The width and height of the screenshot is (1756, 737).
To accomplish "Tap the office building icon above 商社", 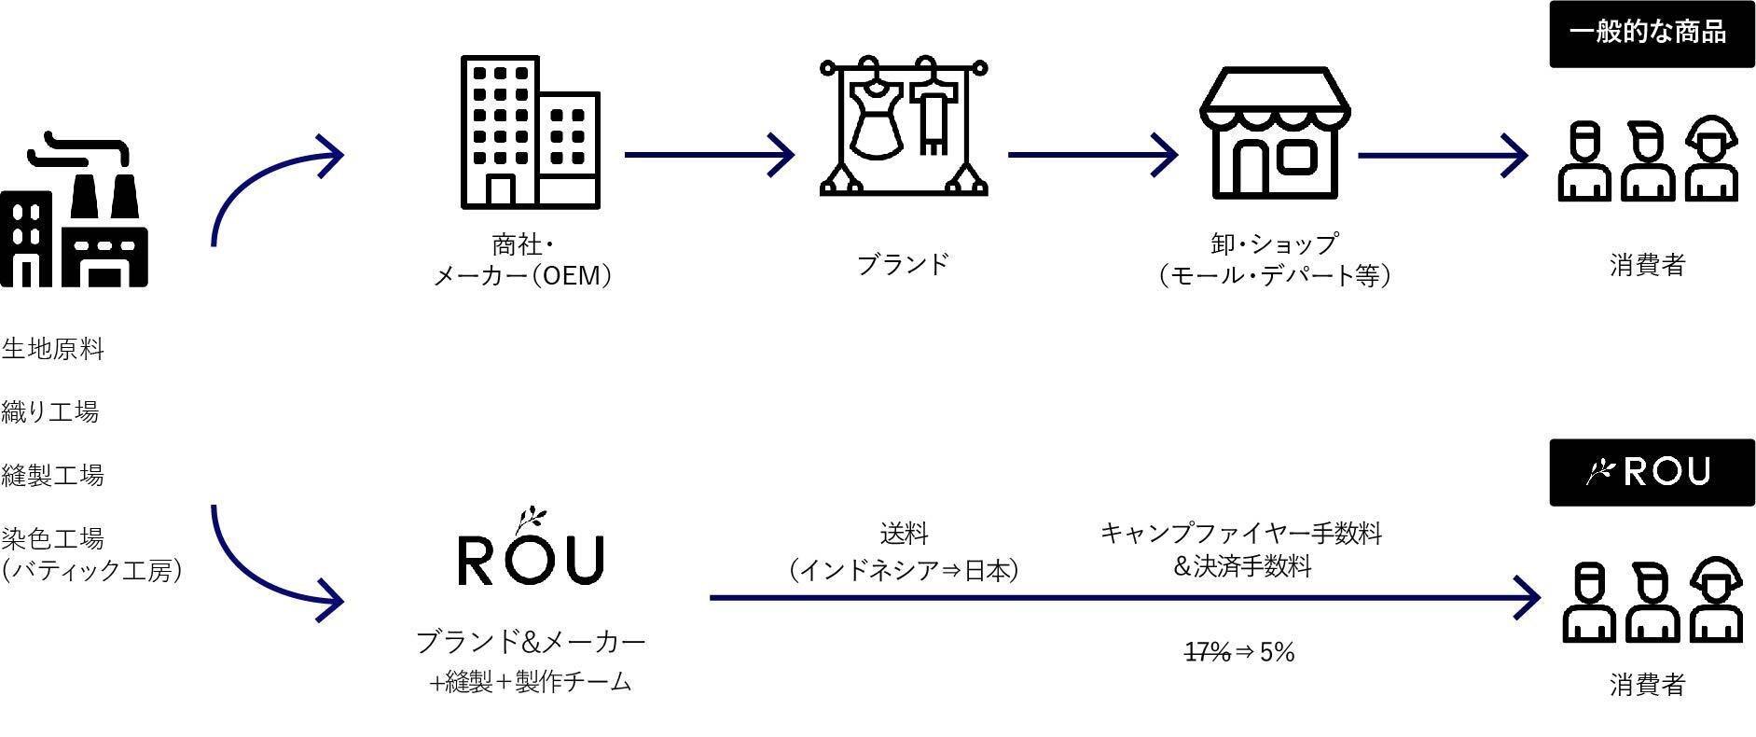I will (x=530, y=132).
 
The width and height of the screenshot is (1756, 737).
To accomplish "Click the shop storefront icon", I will (x=1274, y=132).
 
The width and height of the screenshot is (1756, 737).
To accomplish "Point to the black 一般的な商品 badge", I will (x=1651, y=34).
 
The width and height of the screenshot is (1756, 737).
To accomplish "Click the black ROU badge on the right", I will (x=1651, y=472).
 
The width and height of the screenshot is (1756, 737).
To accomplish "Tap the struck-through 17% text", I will (x=1207, y=652).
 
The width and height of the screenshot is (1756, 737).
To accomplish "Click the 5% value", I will (x=1277, y=652).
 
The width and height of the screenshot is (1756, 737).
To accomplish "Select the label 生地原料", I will (x=53, y=350).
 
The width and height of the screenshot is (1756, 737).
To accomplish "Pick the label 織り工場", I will (x=50, y=411).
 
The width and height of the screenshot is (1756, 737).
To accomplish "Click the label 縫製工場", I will (x=53, y=475).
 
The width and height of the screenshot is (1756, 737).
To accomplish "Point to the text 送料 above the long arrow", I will (x=904, y=534).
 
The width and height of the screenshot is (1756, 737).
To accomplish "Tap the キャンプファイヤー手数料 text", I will (x=1240, y=533).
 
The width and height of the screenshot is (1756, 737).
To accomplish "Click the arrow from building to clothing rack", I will (x=709, y=155).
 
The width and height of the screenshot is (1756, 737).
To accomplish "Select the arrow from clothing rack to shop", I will (x=1092, y=155).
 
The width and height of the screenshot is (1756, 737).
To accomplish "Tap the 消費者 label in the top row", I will (x=1647, y=265).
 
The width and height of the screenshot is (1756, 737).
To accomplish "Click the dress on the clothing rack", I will (x=876, y=116).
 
